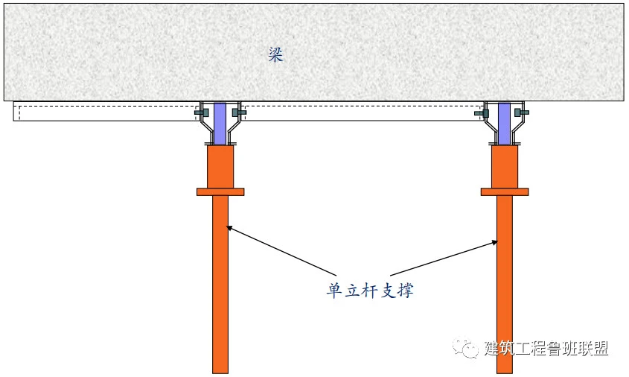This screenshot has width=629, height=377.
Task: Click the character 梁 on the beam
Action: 276,54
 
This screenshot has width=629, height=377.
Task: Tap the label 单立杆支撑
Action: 369,290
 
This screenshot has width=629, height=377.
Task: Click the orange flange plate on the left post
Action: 220,192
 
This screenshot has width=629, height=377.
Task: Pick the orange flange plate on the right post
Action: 505,192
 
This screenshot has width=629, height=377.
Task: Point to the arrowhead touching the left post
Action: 229,228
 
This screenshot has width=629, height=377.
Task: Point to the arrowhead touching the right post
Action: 494,242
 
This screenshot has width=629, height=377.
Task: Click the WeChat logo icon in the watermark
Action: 465,347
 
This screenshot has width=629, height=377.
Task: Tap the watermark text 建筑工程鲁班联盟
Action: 546,349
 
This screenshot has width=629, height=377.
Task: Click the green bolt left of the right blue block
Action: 482,113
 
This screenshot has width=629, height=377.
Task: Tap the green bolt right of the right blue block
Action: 522,113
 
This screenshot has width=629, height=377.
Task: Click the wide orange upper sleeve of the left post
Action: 220,167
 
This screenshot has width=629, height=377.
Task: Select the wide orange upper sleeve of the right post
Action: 505,167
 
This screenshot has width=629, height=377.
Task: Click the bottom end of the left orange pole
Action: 220,373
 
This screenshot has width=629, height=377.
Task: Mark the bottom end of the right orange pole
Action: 505,373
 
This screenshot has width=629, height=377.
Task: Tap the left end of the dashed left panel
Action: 14,111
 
